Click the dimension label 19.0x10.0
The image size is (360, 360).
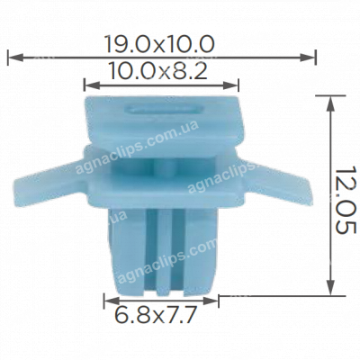(161, 42)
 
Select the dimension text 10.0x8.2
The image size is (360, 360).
(161, 71)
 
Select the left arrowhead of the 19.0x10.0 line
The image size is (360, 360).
(12, 58)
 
